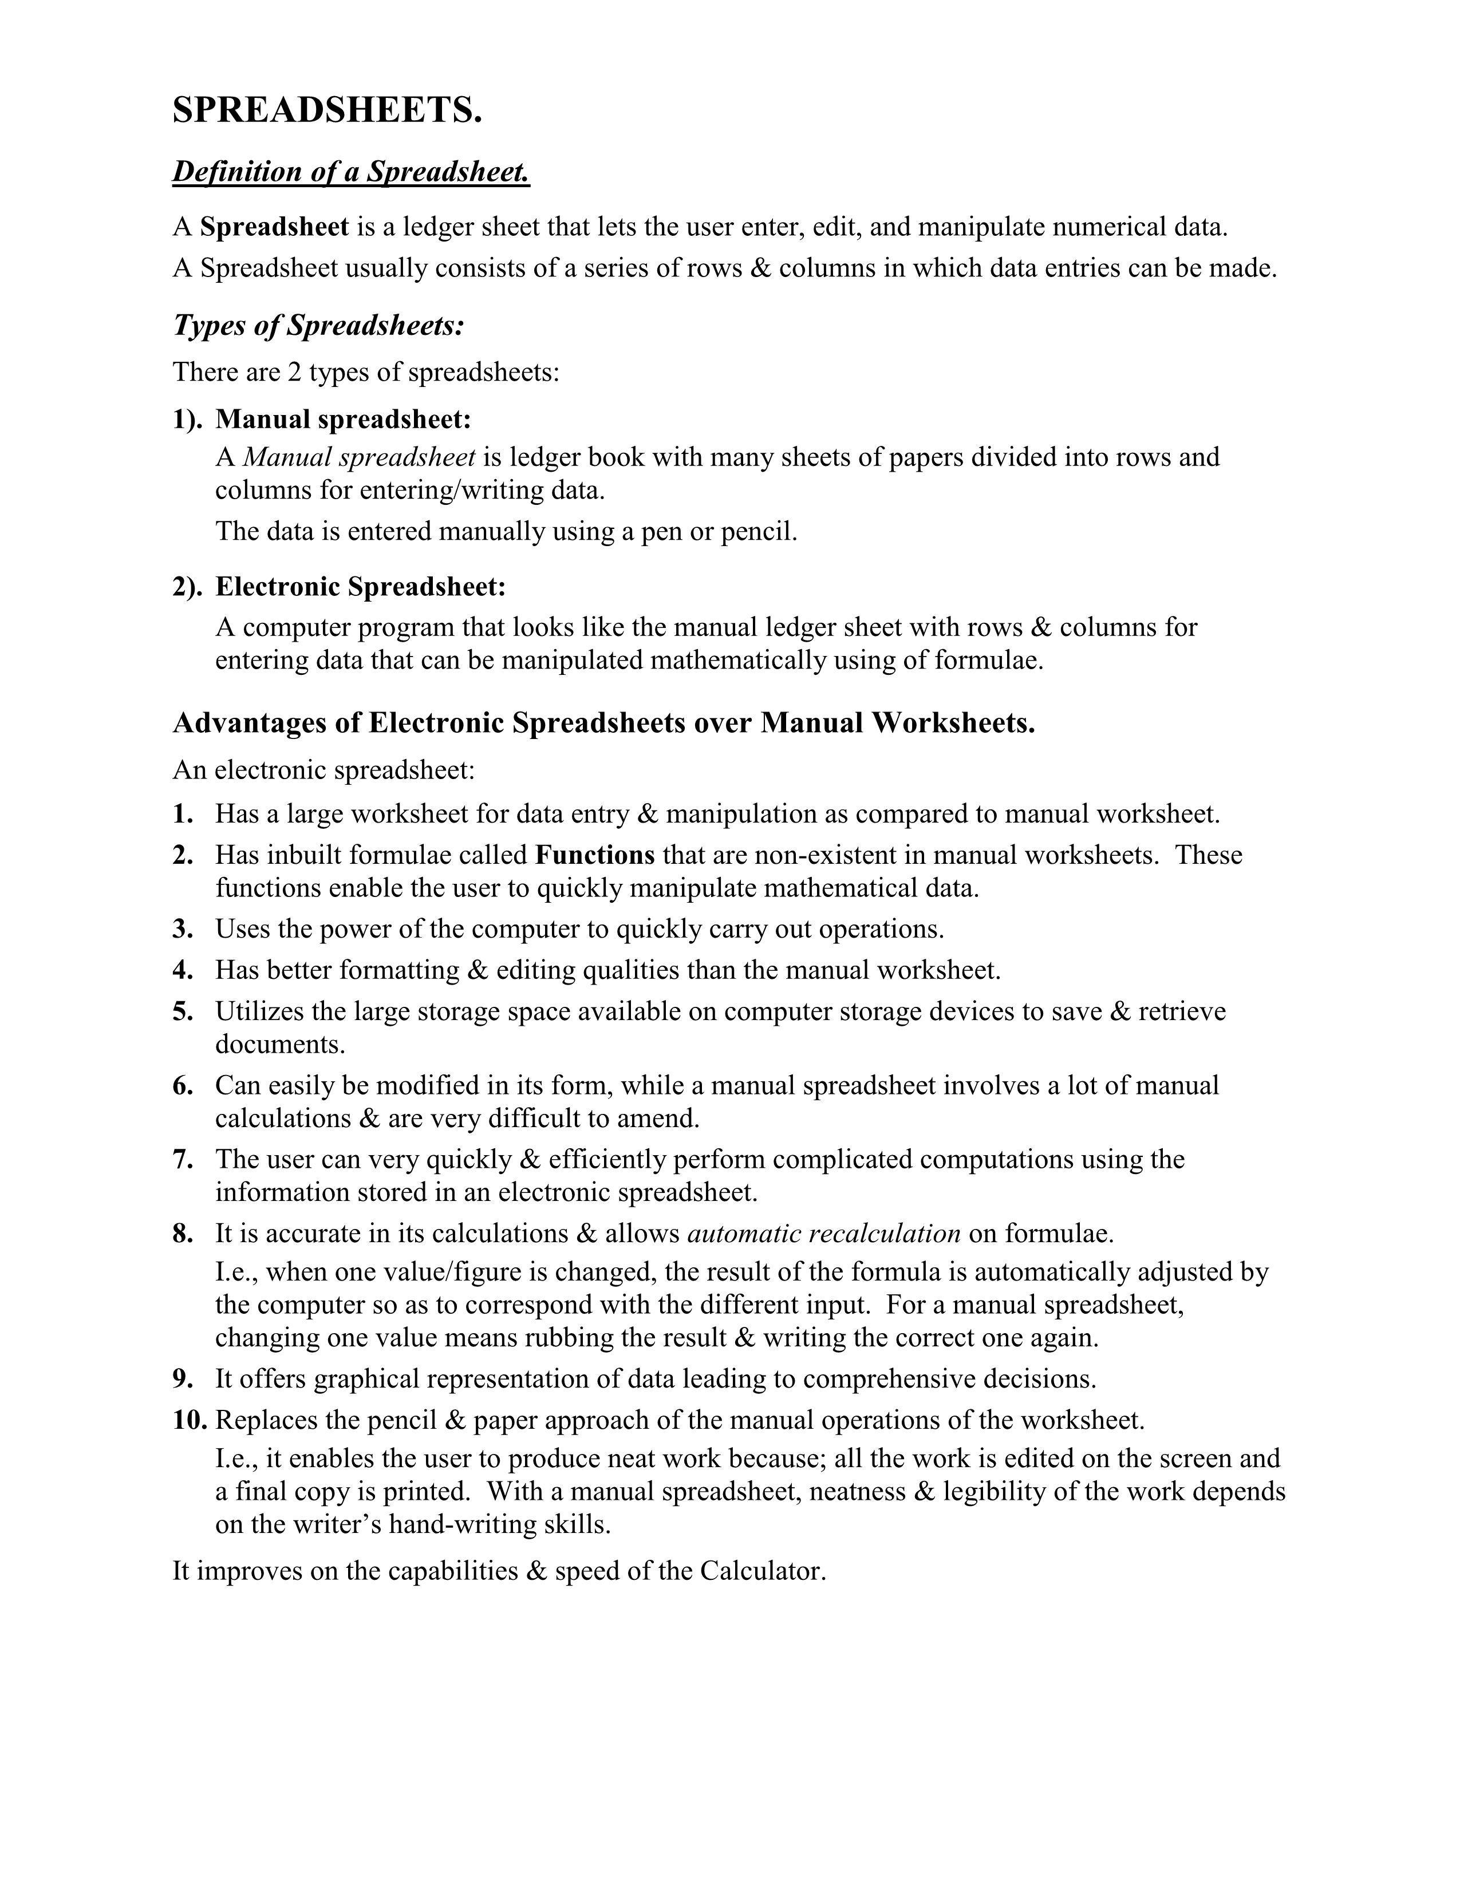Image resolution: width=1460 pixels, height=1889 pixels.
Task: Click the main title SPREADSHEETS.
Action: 327,110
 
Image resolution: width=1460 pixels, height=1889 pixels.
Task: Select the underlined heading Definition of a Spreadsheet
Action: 350,172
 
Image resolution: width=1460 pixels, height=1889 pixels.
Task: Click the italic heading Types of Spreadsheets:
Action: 318,326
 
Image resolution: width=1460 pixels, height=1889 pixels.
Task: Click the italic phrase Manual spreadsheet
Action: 359,457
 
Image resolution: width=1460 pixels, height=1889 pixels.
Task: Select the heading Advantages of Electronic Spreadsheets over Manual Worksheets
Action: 603,723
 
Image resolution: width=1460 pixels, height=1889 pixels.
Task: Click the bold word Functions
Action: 595,855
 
